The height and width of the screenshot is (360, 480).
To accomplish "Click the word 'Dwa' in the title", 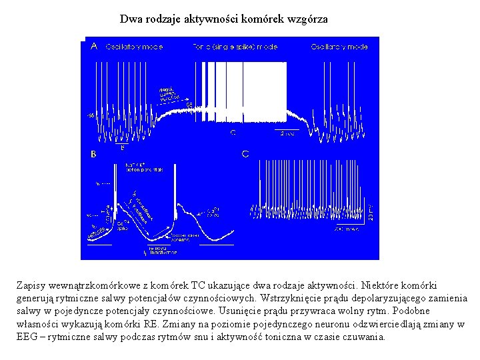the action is [x=130, y=19].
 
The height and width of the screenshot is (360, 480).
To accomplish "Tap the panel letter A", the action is [x=93, y=47].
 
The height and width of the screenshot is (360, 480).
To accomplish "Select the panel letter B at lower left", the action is [x=93, y=154].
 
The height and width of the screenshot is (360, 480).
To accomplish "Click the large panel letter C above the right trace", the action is [x=245, y=154].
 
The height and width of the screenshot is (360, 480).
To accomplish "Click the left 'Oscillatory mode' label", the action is [x=134, y=47].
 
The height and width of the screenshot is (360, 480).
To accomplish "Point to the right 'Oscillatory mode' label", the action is [x=339, y=47].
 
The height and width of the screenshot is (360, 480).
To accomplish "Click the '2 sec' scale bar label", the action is [x=287, y=133].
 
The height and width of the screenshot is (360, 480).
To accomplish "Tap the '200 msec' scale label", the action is [x=347, y=229].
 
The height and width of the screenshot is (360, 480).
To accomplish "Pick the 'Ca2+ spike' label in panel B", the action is [x=121, y=225].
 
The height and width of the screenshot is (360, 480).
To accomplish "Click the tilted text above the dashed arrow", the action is [x=169, y=94].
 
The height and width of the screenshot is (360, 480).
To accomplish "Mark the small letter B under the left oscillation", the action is [x=121, y=147].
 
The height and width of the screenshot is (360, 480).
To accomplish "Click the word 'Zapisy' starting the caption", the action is [x=29, y=285].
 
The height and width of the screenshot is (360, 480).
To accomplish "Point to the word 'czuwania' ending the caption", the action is [x=364, y=337].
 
